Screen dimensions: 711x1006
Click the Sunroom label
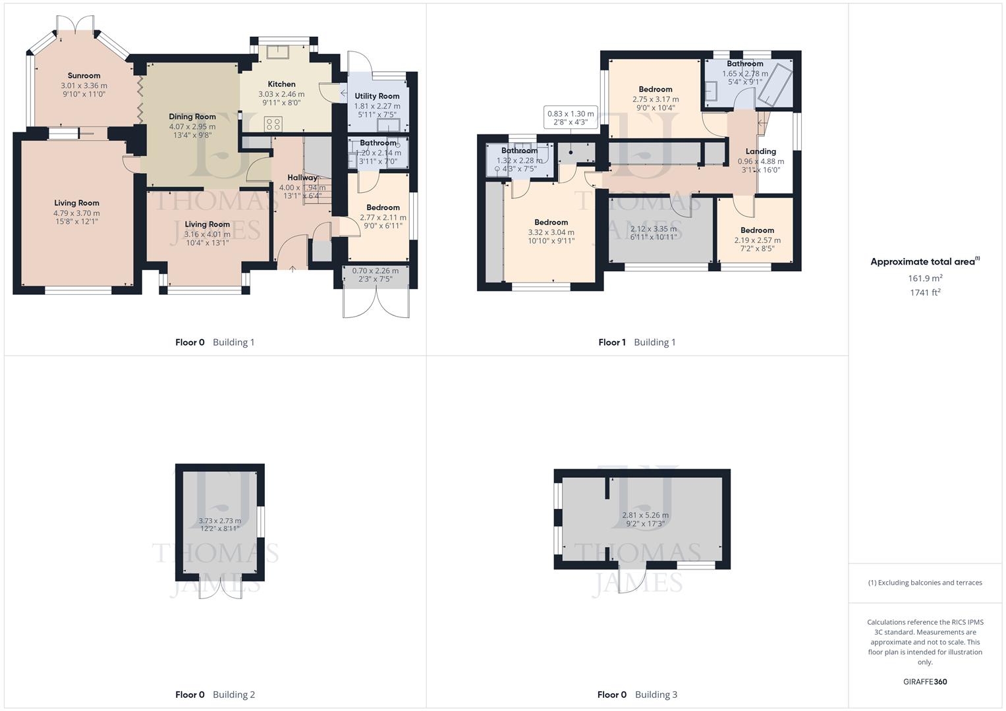tap(84, 76)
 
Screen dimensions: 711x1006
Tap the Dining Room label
tap(192, 117)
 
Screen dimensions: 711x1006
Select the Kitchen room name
tap(281, 84)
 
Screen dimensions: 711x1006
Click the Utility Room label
tap(377, 96)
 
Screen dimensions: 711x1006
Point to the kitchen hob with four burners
tap(273, 124)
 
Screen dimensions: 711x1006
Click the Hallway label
tap(302, 177)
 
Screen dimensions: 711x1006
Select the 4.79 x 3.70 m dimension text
tap(76, 213)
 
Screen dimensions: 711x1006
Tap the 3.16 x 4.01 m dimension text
tap(207, 234)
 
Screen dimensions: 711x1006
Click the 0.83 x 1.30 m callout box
tap(571, 118)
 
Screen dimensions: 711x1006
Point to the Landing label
tap(760, 151)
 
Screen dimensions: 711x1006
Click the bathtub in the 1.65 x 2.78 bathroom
tap(775, 84)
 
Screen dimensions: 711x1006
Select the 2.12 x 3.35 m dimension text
tap(653, 229)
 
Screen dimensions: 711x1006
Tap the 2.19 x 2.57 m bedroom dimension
tap(757, 240)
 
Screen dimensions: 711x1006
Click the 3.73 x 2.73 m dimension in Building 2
tap(219, 521)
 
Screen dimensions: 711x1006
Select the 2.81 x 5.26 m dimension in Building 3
tap(645, 515)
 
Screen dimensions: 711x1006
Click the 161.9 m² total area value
tap(925, 278)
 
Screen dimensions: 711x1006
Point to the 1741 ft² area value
tap(925, 293)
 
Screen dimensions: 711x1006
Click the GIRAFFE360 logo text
tap(925, 681)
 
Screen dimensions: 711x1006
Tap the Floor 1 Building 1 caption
tap(636, 342)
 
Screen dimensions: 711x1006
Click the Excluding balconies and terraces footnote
tap(925, 583)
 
